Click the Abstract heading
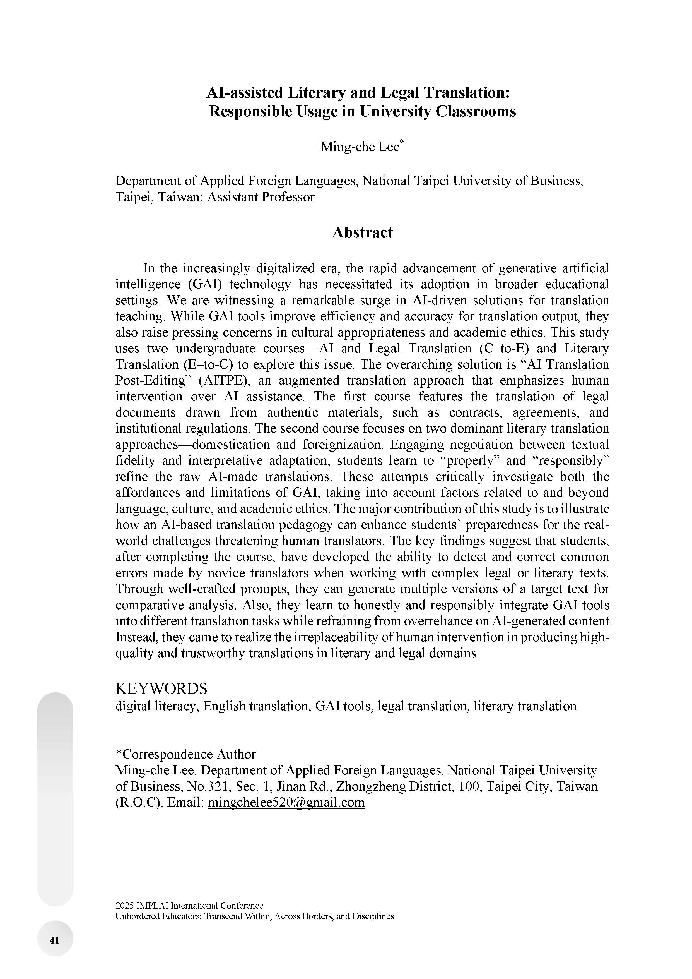362,232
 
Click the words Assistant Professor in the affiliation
261,197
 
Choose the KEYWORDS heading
161,688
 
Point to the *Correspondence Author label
185,754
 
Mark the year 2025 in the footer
124,906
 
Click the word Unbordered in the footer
137,916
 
